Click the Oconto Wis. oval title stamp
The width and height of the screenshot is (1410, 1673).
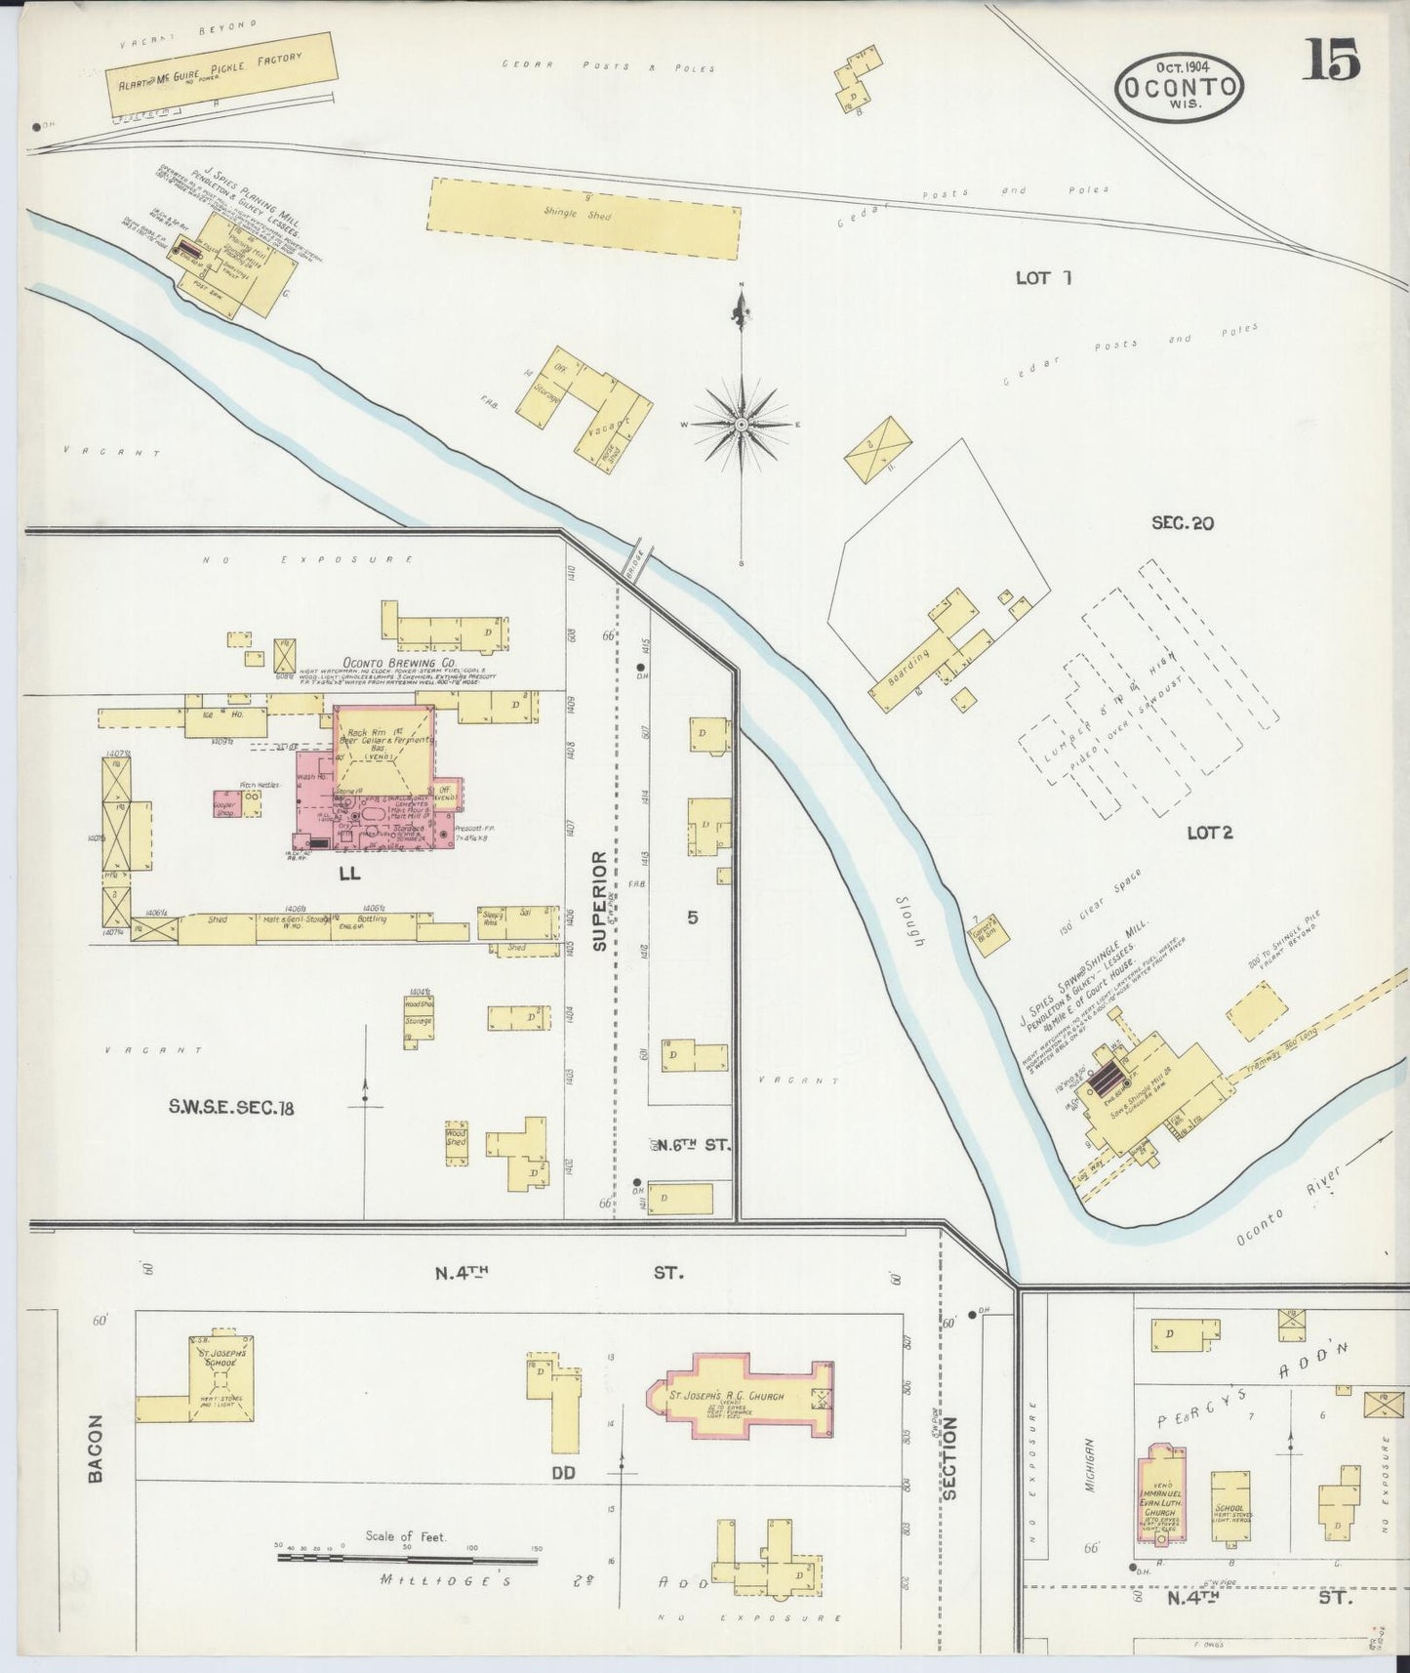tap(1180, 85)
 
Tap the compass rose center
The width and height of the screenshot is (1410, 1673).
tap(742, 426)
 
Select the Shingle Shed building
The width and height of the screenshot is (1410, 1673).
tap(584, 219)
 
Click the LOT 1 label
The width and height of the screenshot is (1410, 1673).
tap(1043, 278)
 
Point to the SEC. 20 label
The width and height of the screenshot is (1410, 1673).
tap(1182, 523)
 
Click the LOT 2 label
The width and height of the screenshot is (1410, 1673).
tap(1210, 833)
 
